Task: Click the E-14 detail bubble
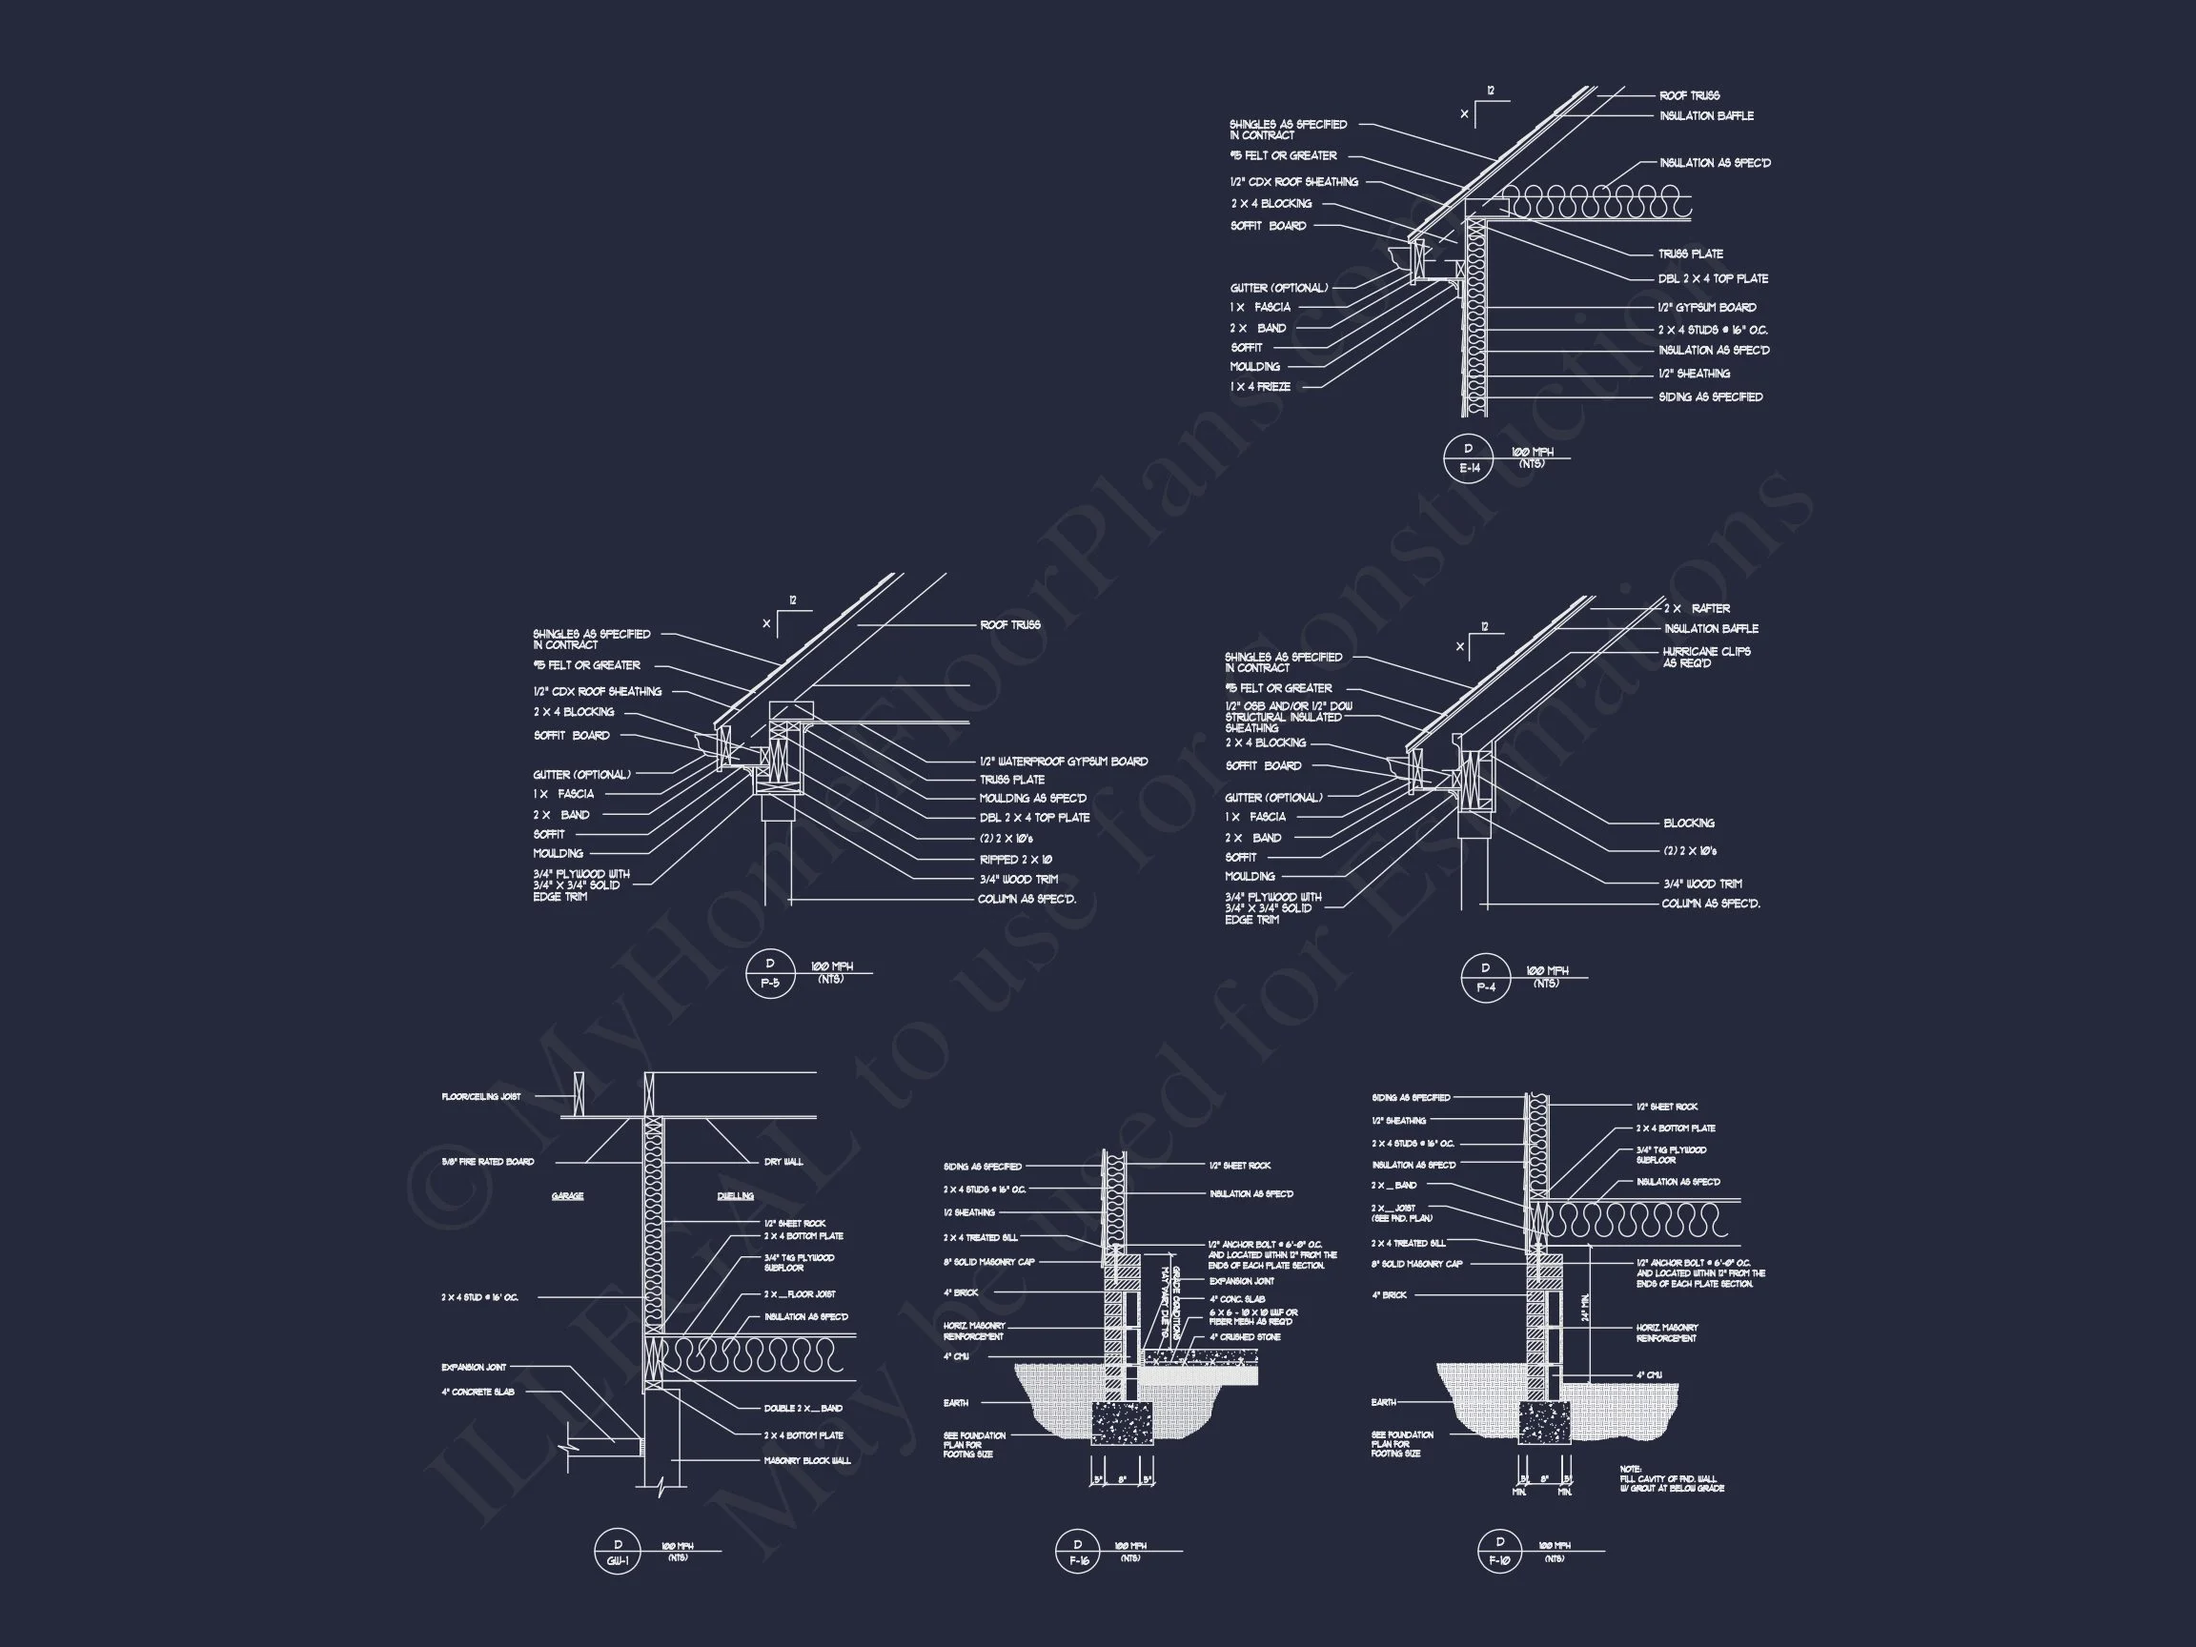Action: [1469, 458]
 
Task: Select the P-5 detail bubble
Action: [770, 973]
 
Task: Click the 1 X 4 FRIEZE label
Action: [1260, 387]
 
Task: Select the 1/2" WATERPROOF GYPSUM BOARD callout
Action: [1064, 762]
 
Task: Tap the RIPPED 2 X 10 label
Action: [1016, 860]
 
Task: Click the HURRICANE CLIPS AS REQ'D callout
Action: [1706, 658]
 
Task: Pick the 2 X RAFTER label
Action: [1697, 608]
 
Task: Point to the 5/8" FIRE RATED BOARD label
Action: [487, 1162]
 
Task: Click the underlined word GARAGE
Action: [567, 1196]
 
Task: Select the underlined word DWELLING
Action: [736, 1196]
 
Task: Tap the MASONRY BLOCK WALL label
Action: [807, 1460]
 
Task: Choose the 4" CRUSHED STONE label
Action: [1245, 1337]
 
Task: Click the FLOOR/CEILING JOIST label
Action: [481, 1097]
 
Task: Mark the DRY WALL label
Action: [784, 1162]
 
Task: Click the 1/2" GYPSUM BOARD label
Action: [1706, 308]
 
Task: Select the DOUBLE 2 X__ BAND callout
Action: [803, 1409]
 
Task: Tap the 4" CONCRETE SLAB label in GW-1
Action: [478, 1392]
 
